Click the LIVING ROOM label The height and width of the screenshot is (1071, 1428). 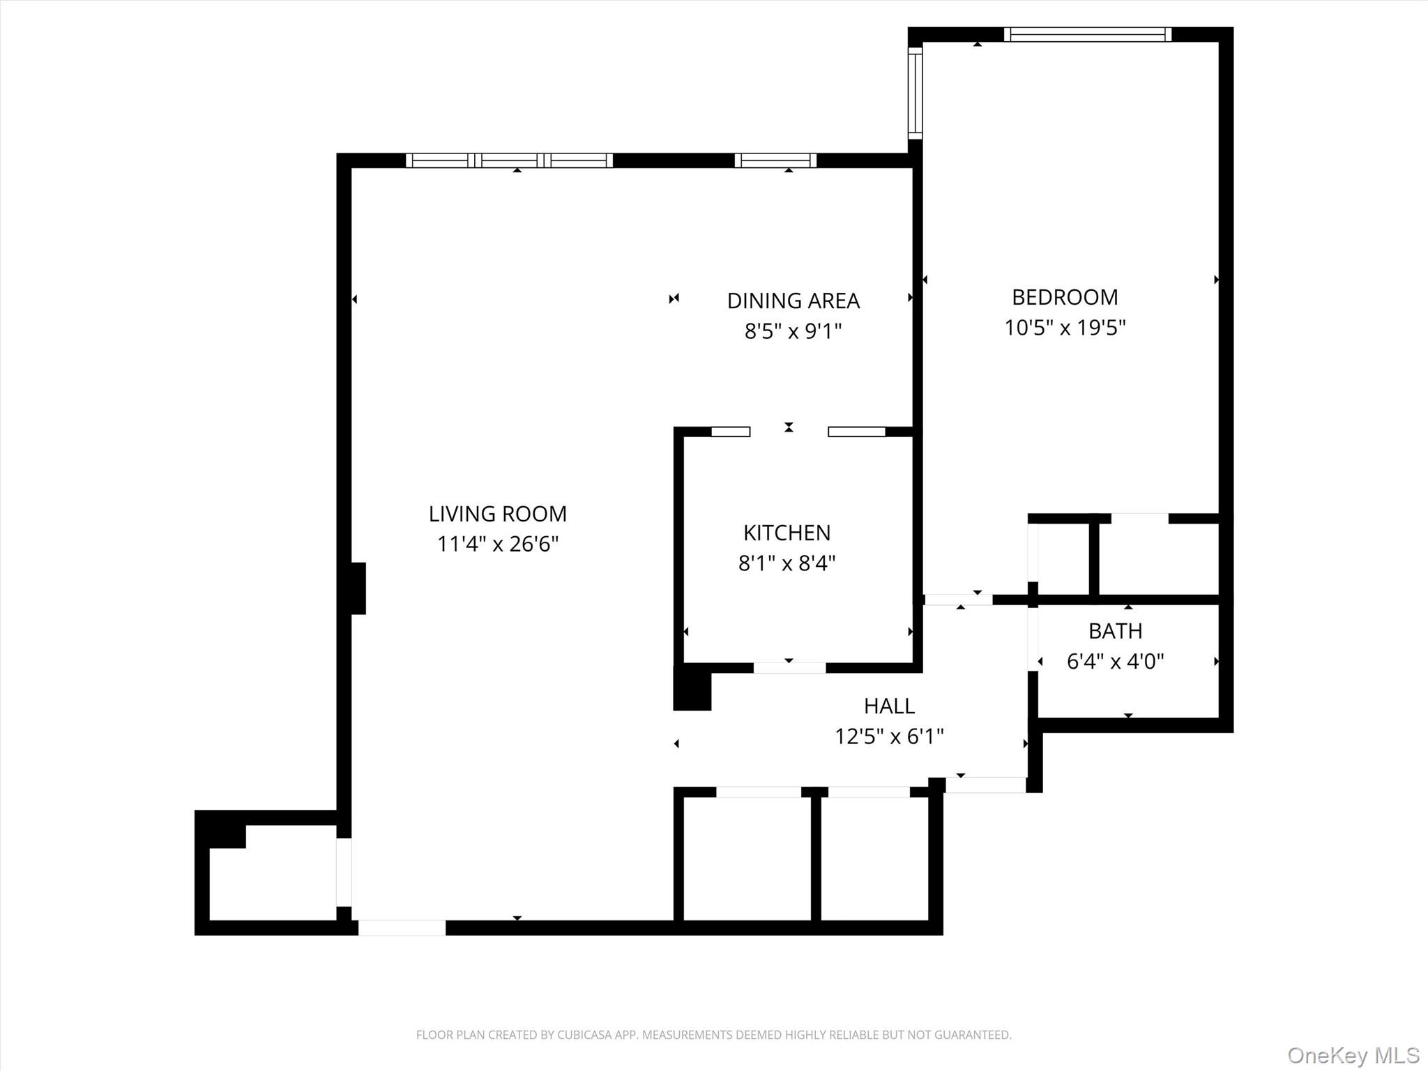click(x=497, y=514)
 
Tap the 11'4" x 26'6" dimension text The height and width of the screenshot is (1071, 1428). click(x=497, y=544)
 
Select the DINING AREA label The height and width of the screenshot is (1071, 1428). click(x=793, y=301)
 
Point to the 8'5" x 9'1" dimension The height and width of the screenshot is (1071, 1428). click(x=793, y=331)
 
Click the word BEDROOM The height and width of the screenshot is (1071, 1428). click(x=1064, y=297)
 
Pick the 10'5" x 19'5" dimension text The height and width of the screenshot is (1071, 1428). click(x=1064, y=327)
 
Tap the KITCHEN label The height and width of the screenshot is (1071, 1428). click(x=787, y=533)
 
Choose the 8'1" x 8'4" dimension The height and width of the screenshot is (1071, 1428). click(x=787, y=563)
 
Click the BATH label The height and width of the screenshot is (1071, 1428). click(x=1115, y=631)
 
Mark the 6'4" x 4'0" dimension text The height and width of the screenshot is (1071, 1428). click(x=1115, y=661)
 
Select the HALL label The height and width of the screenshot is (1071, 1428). click(x=889, y=706)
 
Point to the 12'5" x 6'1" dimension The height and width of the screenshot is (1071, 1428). click(x=889, y=736)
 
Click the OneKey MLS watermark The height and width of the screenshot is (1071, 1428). click(x=1353, y=1055)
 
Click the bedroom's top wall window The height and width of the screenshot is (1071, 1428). click(x=1087, y=34)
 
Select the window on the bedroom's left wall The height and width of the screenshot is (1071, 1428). click(x=915, y=92)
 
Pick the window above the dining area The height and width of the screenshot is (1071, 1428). click(x=775, y=160)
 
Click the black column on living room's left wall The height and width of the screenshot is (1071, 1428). click(x=357, y=588)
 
